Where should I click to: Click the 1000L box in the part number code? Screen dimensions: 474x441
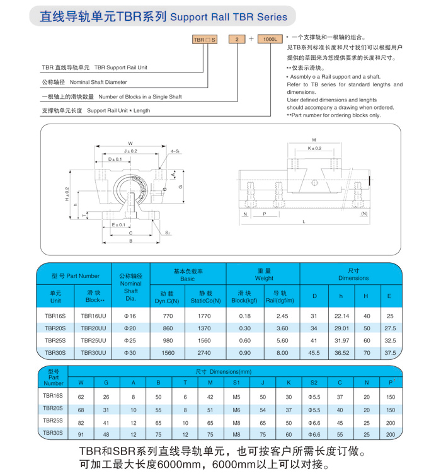270,39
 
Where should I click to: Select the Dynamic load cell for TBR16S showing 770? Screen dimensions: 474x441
167,316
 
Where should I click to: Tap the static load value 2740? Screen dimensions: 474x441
205,353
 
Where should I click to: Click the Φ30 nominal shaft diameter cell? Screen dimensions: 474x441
130,353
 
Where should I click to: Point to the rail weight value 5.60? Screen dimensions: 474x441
282,340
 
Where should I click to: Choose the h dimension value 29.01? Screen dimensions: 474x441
341,328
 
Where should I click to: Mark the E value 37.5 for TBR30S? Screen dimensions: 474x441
390,353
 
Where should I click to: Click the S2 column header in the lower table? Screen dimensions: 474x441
314,382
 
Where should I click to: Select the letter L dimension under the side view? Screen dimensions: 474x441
304,221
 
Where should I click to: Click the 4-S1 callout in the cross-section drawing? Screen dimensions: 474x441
175,151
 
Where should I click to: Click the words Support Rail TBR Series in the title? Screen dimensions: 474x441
229,18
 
